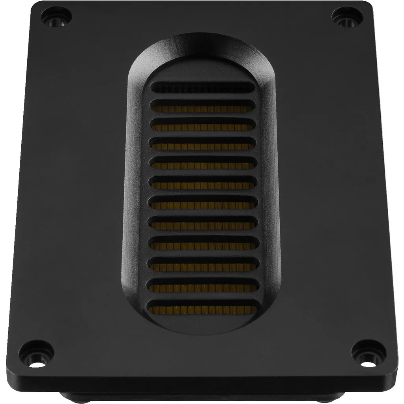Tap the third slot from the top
202,126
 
